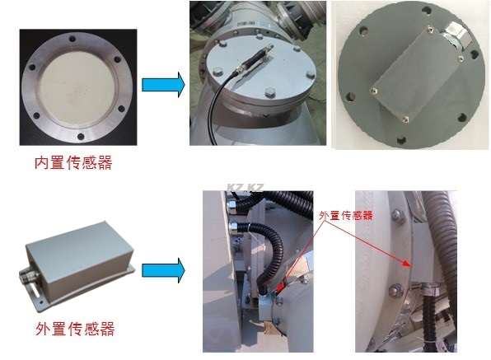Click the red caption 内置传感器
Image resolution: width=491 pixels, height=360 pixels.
[73, 162]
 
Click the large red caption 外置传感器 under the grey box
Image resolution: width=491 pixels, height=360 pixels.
[75, 329]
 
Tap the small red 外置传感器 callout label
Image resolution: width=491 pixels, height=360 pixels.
[346, 215]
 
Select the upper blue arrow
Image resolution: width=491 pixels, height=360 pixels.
[163, 85]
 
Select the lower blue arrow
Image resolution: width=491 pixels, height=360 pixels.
[163, 270]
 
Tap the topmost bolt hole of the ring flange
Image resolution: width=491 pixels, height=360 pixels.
[72, 40]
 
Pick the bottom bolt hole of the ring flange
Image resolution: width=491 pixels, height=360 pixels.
[81, 137]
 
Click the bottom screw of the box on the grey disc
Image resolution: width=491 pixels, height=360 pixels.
[405, 119]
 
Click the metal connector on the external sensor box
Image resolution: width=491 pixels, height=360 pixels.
[29, 276]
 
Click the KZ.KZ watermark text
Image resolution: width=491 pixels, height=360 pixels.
[245, 188]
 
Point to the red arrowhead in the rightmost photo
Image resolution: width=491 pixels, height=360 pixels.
[406, 264]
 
